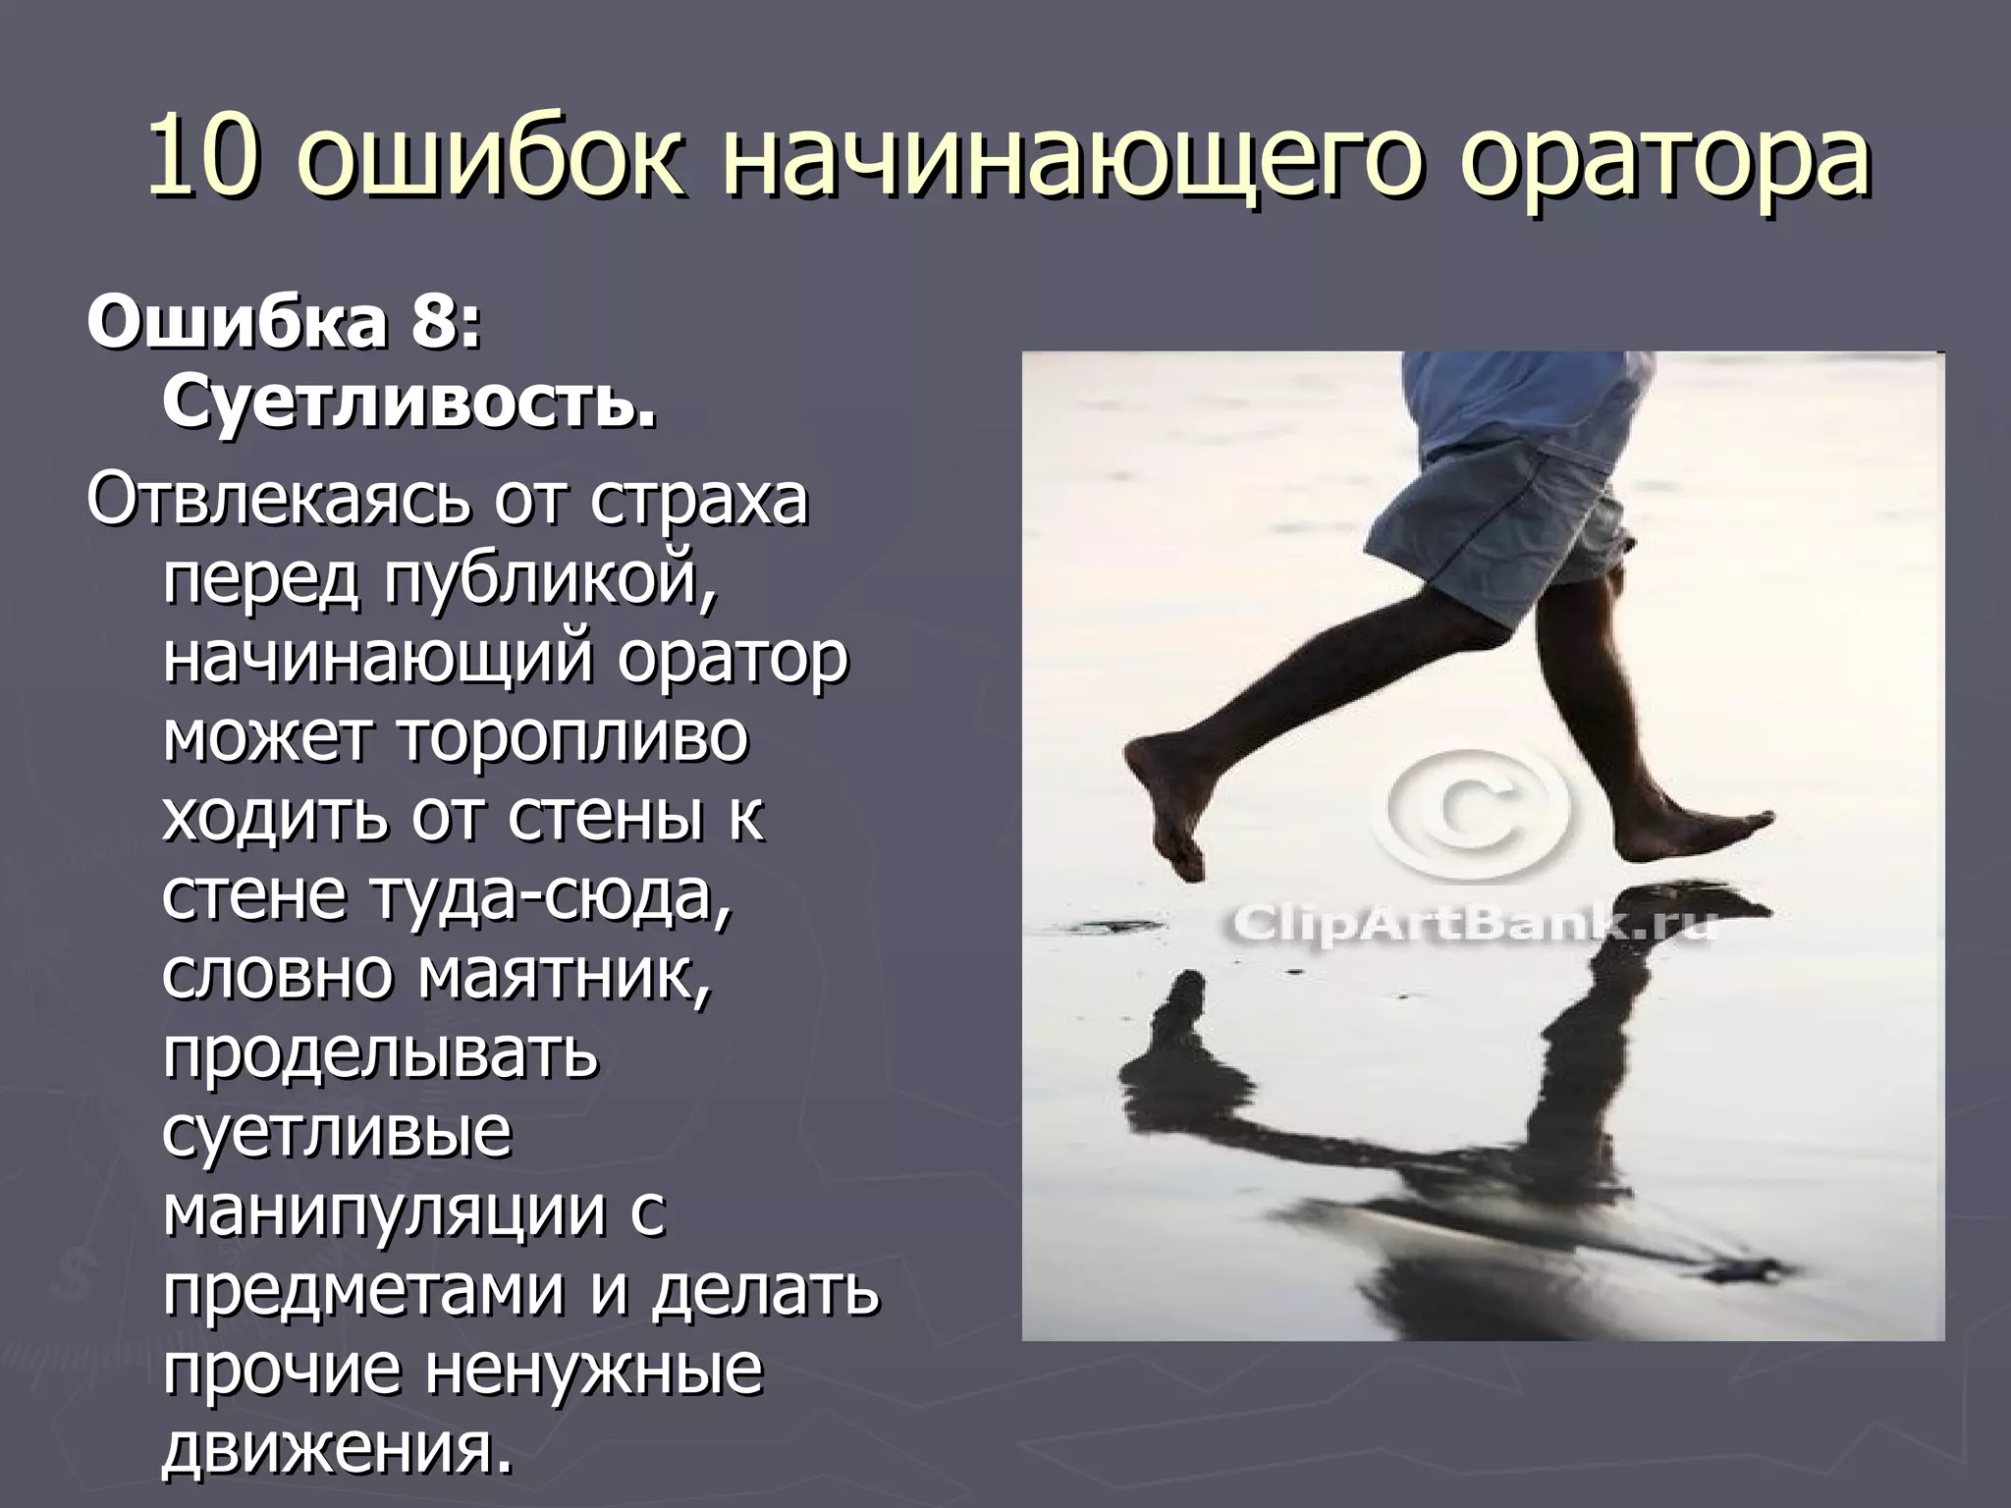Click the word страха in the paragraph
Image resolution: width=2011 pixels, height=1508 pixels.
(699, 499)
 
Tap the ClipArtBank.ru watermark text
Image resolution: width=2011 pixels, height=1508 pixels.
(1468, 925)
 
